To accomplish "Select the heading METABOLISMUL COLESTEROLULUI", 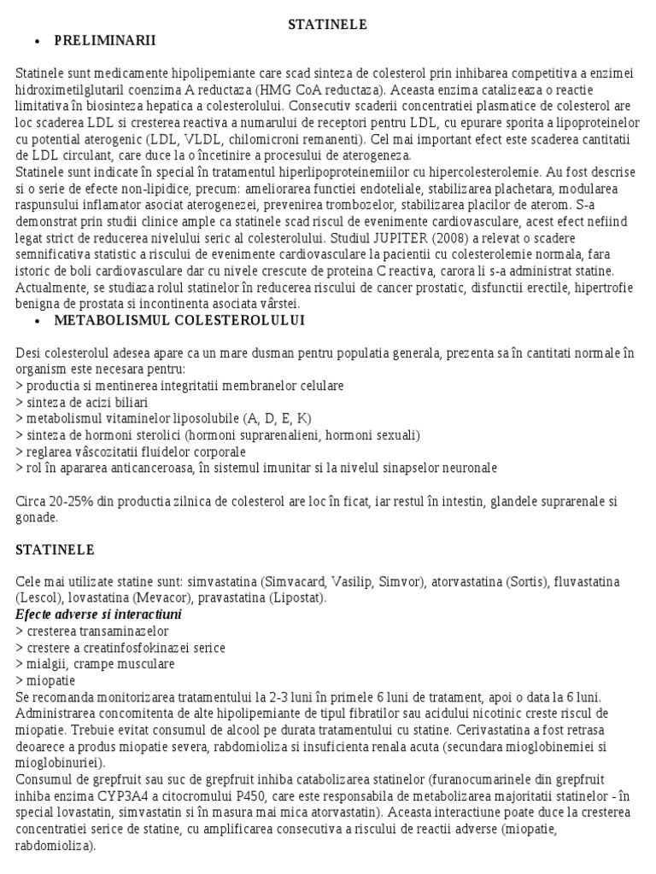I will click(179, 320).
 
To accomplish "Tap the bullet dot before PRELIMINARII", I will click(37, 41).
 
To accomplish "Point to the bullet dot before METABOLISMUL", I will click(37, 321).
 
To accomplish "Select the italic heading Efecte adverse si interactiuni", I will click(99, 615).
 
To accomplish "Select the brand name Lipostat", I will click(296, 598).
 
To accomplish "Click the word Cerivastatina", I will click(494, 730).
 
